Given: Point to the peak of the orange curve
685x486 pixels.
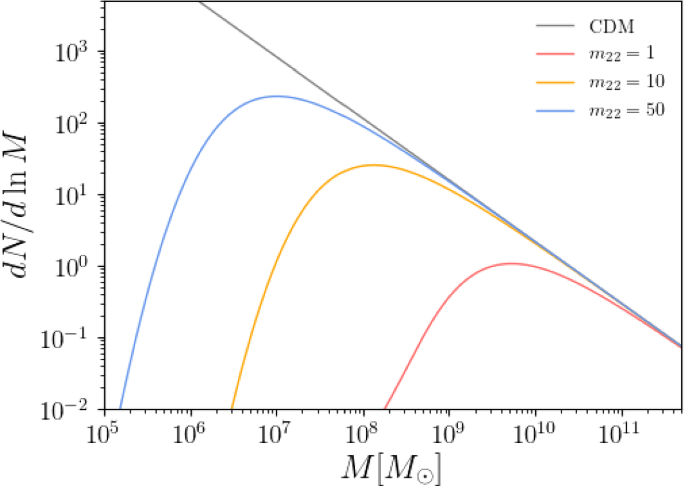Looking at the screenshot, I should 372,165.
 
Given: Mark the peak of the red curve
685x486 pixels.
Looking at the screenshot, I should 512,264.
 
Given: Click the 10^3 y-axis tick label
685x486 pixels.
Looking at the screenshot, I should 76,52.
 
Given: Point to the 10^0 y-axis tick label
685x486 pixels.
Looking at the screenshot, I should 76,267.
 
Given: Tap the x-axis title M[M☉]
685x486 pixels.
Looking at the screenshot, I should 392,466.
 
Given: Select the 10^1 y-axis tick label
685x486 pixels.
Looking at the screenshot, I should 76,195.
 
